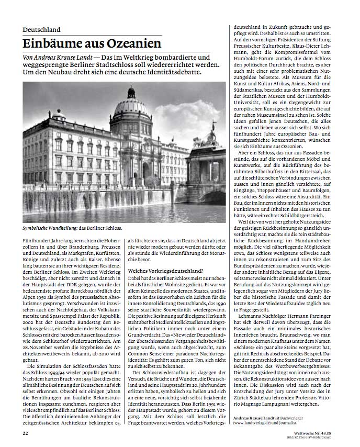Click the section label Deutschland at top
point(41,30)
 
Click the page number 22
point(25,433)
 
